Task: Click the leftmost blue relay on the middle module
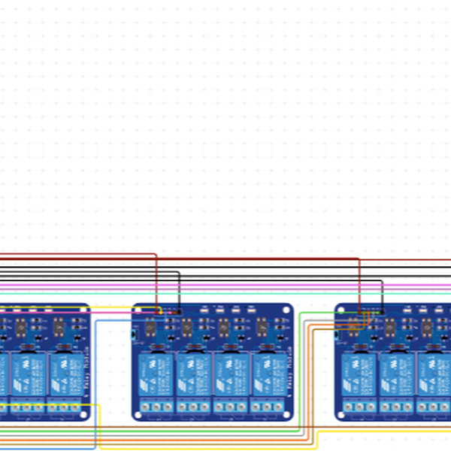(x=156, y=371)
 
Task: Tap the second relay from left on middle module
(x=194, y=371)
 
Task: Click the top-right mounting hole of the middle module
(x=287, y=308)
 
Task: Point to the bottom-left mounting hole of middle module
(x=138, y=415)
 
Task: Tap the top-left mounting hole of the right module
(x=340, y=308)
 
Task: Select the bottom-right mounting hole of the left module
(x=84, y=415)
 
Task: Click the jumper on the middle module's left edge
(x=134, y=334)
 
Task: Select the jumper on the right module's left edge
(x=336, y=334)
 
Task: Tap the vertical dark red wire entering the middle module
(x=156, y=282)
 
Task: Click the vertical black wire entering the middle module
(x=179, y=289)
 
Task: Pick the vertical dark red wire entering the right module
(x=359, y=282)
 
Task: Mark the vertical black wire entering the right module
(x=382, y=293)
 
